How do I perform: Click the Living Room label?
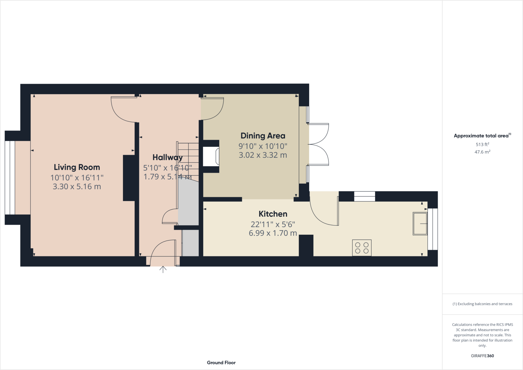point(77,167)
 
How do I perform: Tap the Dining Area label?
point(263,136)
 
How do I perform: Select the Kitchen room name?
point(273,214)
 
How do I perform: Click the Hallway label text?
point(167,157)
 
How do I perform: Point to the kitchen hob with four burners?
point(362,248)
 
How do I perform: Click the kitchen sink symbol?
point(420,224)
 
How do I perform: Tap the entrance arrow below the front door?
point(163,269)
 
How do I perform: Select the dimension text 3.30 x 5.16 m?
point(77,186)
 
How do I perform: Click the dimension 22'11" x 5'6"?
point(273,224)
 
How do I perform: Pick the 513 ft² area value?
point(482,144)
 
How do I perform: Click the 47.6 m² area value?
point(482,152)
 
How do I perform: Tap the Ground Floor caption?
point(221,363)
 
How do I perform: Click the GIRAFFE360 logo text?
point(482,356)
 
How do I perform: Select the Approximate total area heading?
point(482,136)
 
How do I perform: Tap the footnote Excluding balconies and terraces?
point(482,304)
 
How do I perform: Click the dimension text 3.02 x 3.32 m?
point(263,155)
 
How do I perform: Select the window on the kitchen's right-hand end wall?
point(433,229)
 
